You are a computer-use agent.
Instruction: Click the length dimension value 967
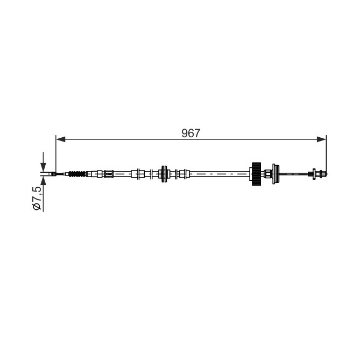(191, 133)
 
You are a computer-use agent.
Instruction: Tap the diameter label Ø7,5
(38, 198)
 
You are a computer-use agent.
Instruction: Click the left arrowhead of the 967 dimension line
(61, 139)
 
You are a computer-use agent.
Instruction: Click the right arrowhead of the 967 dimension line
(321, 139)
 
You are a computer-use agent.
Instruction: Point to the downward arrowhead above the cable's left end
(43, 167)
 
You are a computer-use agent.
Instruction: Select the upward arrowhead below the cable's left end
(43, 181)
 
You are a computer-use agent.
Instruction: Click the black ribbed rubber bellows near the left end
(77, 174)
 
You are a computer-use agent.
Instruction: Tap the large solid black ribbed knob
(256, 174)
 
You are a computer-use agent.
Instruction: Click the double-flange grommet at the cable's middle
(164, 174)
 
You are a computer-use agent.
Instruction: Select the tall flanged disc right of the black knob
(276, 174)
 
